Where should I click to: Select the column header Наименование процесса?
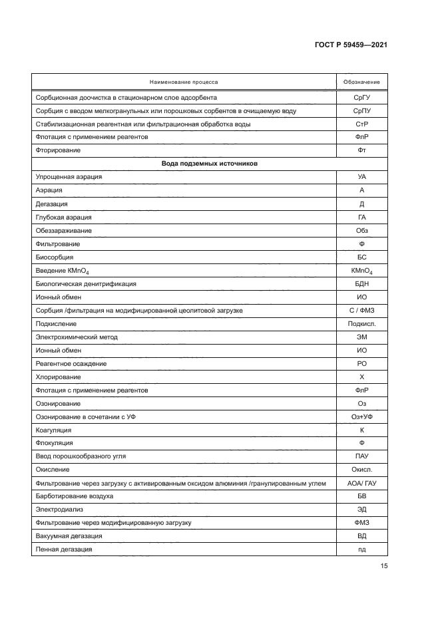(x=183, y=82)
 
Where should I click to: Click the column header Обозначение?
(x=361, y=82)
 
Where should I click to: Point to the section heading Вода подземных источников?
(x=209, y=164)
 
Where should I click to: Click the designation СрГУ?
(x=361, y=97)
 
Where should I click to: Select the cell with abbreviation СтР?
(x=361, y=124)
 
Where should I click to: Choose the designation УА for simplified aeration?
(x=361, y=177)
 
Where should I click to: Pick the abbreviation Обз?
(x=361, y=230)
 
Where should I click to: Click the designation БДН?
(x=361, y=283)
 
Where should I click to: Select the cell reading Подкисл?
(x=361, y=323)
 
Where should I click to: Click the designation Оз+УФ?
(x=361, y=416)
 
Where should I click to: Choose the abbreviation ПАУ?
(x=361, y=456)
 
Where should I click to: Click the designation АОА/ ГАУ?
(x=361, y=483)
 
